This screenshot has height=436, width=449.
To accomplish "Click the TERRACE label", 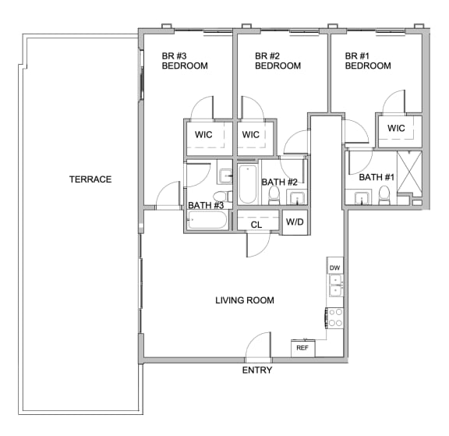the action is [90, 179].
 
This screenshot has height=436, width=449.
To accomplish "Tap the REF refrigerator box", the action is [303, 348].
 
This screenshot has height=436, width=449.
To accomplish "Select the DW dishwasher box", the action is [335, 268].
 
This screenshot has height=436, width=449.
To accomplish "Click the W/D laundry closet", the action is [295, 222].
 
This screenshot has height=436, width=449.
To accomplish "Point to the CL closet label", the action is [256, 225].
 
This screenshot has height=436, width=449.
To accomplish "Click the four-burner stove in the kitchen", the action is [335, 317].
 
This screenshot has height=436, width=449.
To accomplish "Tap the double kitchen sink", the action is [335, 285].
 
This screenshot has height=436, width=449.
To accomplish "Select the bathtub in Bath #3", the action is [207, 220].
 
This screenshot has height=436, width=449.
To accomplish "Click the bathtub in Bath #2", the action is [248, 184].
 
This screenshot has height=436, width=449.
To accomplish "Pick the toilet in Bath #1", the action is [384, 196].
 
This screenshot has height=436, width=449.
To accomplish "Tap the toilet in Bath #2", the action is [274, 195].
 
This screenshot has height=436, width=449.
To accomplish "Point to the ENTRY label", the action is [257, 370].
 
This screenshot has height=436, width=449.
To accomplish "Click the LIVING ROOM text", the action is [245, 300].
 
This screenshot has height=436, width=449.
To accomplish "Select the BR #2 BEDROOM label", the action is [278, 61].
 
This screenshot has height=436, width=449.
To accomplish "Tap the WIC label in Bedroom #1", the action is [396, 128].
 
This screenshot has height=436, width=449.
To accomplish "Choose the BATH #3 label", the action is [206, 205].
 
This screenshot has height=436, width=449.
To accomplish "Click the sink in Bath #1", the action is [362, 198].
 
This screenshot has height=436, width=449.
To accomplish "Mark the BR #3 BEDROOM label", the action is [185, 61].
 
